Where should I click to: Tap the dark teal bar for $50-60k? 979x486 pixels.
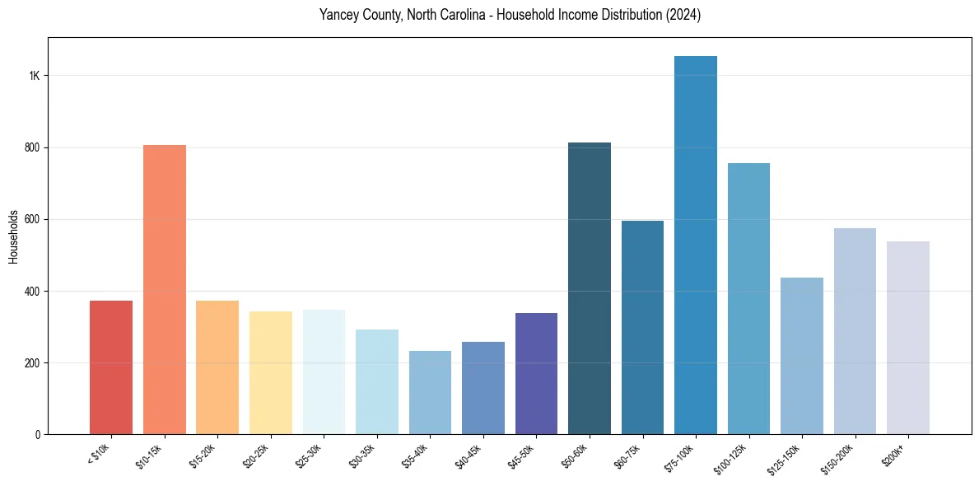tap(590, 288)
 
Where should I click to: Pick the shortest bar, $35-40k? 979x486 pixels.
tap(430, 393)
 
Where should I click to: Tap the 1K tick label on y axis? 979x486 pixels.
tap(35, 76)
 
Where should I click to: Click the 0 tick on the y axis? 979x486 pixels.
tap(38, 434)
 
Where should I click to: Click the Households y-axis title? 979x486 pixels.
tap(13, 236)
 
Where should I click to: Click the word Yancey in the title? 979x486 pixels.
tap(336, 16)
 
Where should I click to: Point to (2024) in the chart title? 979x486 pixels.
tap(686, 16)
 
